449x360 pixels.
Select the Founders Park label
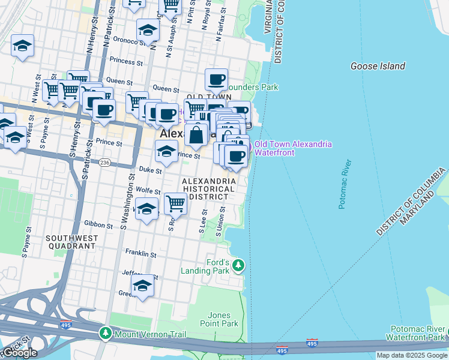click(x=258, y=87)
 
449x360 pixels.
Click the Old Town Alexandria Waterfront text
click(x=293, y=148)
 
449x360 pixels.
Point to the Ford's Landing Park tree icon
click(x=239, y=265)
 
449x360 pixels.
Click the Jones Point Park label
click(x=223, y=319)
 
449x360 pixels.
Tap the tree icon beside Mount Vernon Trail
click(x=106, y=332)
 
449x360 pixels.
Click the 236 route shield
click(x=105, y=163)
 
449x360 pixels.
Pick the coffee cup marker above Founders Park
click(x=216, y=79)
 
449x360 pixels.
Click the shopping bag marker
click(x=196, y=135)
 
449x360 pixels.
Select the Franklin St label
click(x=140, y=254)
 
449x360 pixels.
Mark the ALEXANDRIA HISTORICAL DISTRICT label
click(x=209, y=188)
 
